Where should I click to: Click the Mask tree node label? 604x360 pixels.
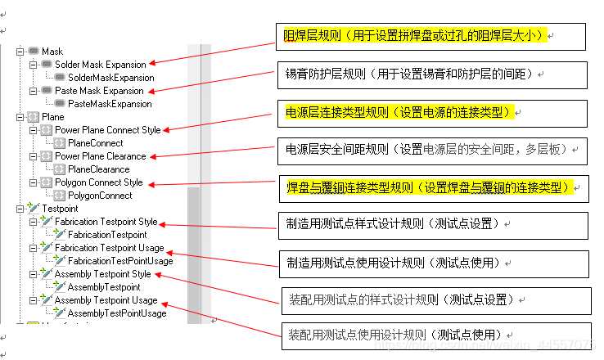(52, 52)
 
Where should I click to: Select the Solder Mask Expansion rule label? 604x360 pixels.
(101, 65)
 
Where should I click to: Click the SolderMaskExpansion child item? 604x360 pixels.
(110, 78)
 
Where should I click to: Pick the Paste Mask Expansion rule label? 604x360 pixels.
(99, 91)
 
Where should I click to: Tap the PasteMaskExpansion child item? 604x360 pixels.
(110, 104)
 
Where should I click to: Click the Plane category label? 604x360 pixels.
(52, 117)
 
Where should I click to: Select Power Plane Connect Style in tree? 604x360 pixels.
(108, 130)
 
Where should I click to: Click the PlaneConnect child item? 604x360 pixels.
(95, 143)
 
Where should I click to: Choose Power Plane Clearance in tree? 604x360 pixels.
(101, 156)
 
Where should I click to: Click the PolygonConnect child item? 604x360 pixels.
(100, 196)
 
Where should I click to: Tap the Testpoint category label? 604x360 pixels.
(59, 209)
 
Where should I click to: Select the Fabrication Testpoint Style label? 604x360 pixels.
(106, 222)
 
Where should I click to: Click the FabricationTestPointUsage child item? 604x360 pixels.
(120, 261)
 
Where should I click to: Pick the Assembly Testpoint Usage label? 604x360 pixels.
(106, 300)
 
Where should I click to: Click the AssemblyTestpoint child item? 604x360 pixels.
(104, 287)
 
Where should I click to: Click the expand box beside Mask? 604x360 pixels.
(20, 52)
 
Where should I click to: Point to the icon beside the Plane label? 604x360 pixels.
(33, 117)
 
